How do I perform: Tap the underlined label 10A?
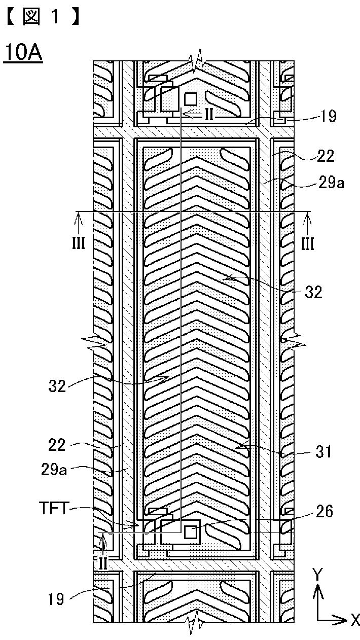coord(23,52)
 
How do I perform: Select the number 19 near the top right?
coord(328,116)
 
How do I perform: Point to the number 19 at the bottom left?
coord(56,599)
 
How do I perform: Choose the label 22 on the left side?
coord(57,445)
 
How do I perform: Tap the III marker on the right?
coord(307,244)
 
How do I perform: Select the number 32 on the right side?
coord(313,292)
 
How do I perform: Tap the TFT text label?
coord(53,509)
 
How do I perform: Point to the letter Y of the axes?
coord(317,574)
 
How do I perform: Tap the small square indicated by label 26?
coord(190,532)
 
